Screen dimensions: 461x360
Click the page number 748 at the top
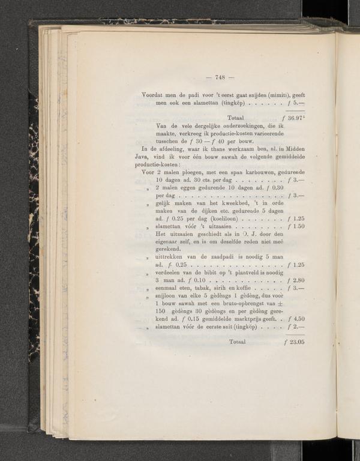pyautogui.click(x=215, y=77)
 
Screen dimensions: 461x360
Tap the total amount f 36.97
pyautogui.click(x=295, y=118)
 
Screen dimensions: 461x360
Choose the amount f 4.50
pyautogui.click(x=296, y=319)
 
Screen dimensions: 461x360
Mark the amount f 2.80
pyautogui.click(x=296, y=280)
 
